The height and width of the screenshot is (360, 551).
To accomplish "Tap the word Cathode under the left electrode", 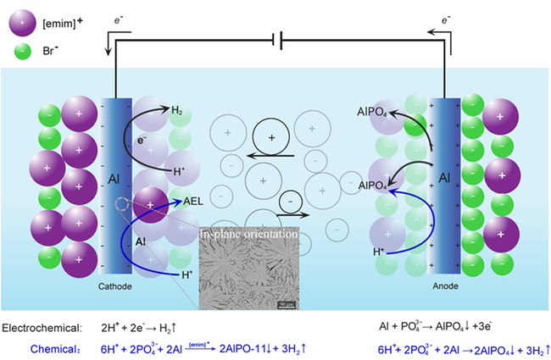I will (115, 287).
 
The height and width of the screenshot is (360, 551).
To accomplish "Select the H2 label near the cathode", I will (176, 111).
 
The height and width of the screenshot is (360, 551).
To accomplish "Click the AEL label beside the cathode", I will (193, 202).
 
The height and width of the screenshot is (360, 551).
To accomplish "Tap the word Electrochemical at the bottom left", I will (42, 326).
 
